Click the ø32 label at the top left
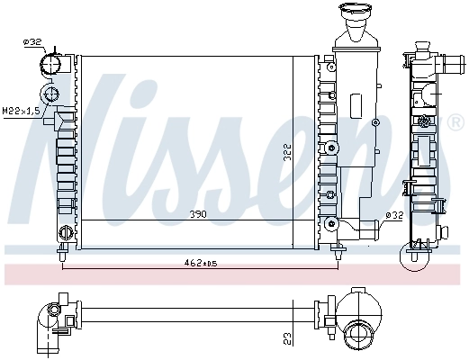coord(32,41)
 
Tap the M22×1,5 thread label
coord(21,111)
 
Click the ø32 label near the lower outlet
coord(392,215)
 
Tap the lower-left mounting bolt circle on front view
coord(64,233)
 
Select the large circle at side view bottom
coord(416,259)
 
